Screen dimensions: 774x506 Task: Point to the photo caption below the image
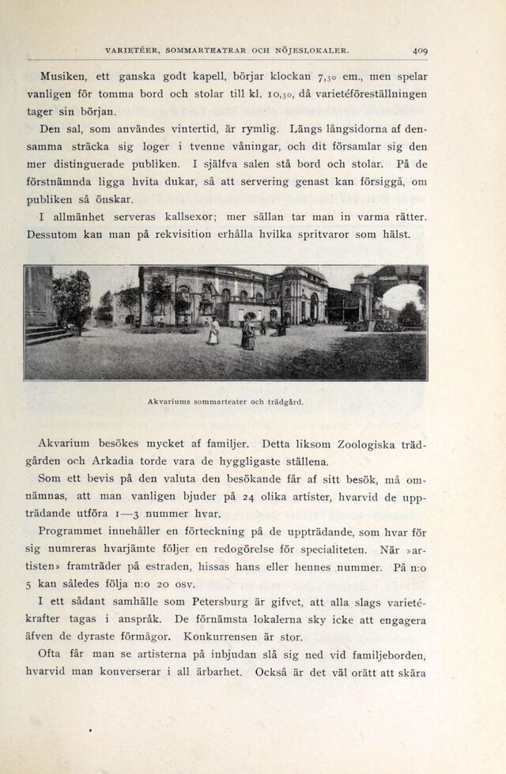tap(225, 402)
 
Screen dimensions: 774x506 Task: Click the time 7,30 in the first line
tap(328, 77)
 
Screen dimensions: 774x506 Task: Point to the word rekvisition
tap(179, 233)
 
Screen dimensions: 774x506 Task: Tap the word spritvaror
tap(316, 233)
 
